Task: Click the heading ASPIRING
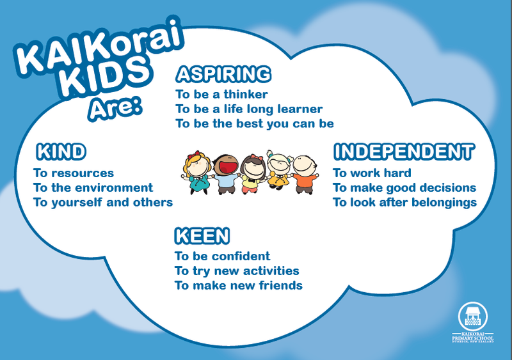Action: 223,74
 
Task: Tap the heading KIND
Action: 61,152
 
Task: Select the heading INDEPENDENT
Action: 404,152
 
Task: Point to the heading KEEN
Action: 202,237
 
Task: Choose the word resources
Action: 83,173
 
